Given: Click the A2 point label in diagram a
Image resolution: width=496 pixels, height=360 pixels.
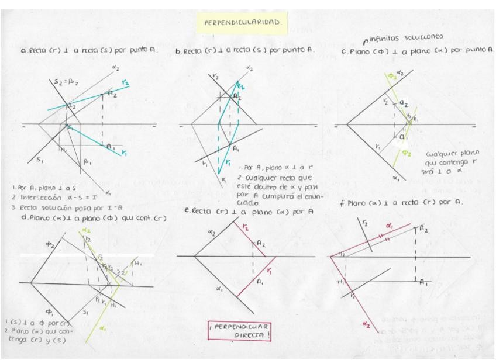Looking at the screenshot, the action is [x=113, y=94].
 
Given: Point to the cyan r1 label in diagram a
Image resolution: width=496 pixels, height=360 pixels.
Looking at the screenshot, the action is [x=125, y=153].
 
